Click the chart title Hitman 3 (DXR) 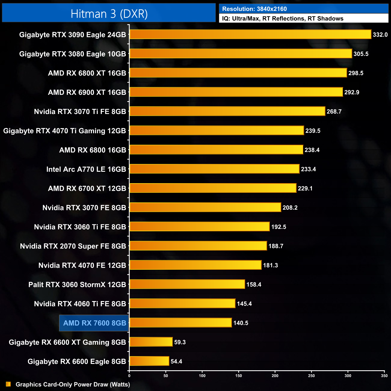point(109,14)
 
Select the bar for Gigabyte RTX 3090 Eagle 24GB point(250,34)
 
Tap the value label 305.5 point(361,54)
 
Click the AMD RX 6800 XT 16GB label point(87,73)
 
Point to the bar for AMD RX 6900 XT point(236,92)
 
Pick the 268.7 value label point(334,112)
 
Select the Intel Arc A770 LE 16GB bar point(214,169)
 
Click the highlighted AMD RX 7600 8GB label point(94,323)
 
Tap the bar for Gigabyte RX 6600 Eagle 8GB point(149,361)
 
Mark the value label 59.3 point(180,342)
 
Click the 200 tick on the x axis point(275,376)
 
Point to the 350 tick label point(384,376)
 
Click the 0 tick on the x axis point(129,376)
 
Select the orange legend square point(8,384)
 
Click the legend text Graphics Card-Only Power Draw point(73,384)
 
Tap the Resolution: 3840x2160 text point(254,9)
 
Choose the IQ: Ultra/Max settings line point(283,19)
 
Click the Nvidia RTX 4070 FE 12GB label point(82,265)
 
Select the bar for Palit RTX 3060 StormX point(187,284)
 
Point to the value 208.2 point(290,208)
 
